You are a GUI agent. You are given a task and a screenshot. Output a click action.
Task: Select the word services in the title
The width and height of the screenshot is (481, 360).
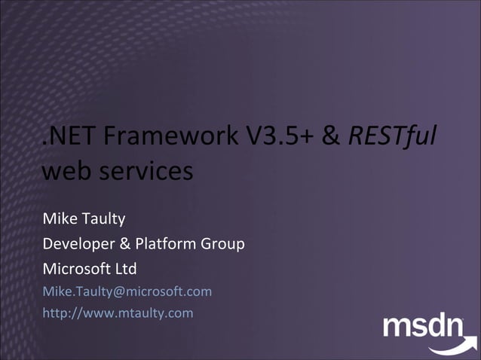pyautogui.click(x=145, y=171)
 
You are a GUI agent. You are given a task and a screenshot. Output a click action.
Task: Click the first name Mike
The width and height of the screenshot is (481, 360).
pyautogui.click(x=59, y=219)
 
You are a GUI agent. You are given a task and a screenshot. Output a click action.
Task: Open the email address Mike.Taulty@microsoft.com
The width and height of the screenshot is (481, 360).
pyautogui.click(x=127, y=291)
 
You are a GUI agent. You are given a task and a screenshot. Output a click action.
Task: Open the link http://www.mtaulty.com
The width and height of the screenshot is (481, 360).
pyautogui.click(x=118, y=313)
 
